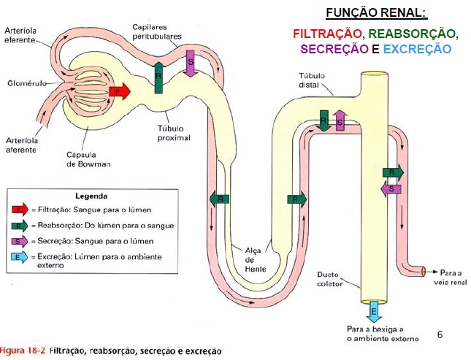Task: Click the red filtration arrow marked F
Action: (118, 92)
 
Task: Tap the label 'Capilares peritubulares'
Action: (156, 31)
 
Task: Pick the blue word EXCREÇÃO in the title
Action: (417, 49)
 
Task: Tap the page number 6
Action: (440, 334)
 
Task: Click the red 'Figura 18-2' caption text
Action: (23, 351)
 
